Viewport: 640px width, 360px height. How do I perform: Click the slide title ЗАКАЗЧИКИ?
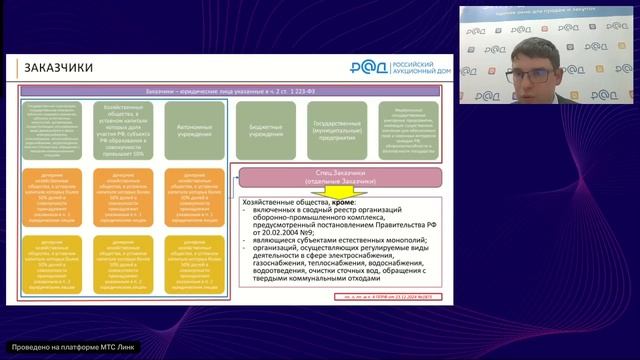pyautogui.click(x=60, y=68)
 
